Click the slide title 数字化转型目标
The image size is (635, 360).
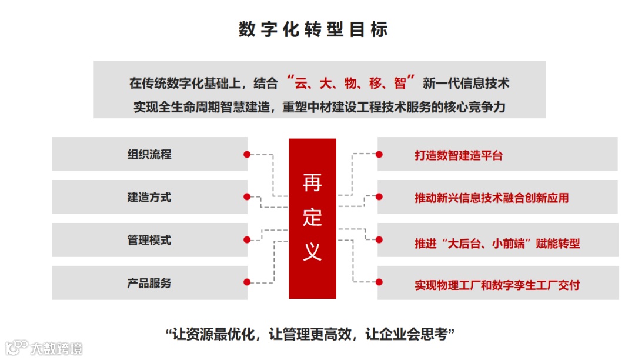[313, 29]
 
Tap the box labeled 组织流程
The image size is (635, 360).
[149, 155]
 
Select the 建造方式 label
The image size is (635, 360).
[149, 197]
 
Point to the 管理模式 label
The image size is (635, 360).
[149, 240]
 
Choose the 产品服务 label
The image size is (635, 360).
[149, 283]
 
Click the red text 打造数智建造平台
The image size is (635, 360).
[459, 156]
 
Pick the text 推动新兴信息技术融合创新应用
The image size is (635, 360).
[492, 198]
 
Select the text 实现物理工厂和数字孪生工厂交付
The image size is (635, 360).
[497, 285]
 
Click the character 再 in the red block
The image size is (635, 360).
[312, 183]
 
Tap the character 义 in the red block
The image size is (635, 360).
[312, 251]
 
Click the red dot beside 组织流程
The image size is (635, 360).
[248, 154]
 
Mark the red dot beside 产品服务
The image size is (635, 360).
[248, 283]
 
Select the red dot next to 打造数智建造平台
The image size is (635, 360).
[379, 154]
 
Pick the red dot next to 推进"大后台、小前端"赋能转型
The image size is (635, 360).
[379, 239]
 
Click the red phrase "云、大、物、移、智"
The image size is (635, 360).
[349, 82]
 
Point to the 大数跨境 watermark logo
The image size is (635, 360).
[44, 348]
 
